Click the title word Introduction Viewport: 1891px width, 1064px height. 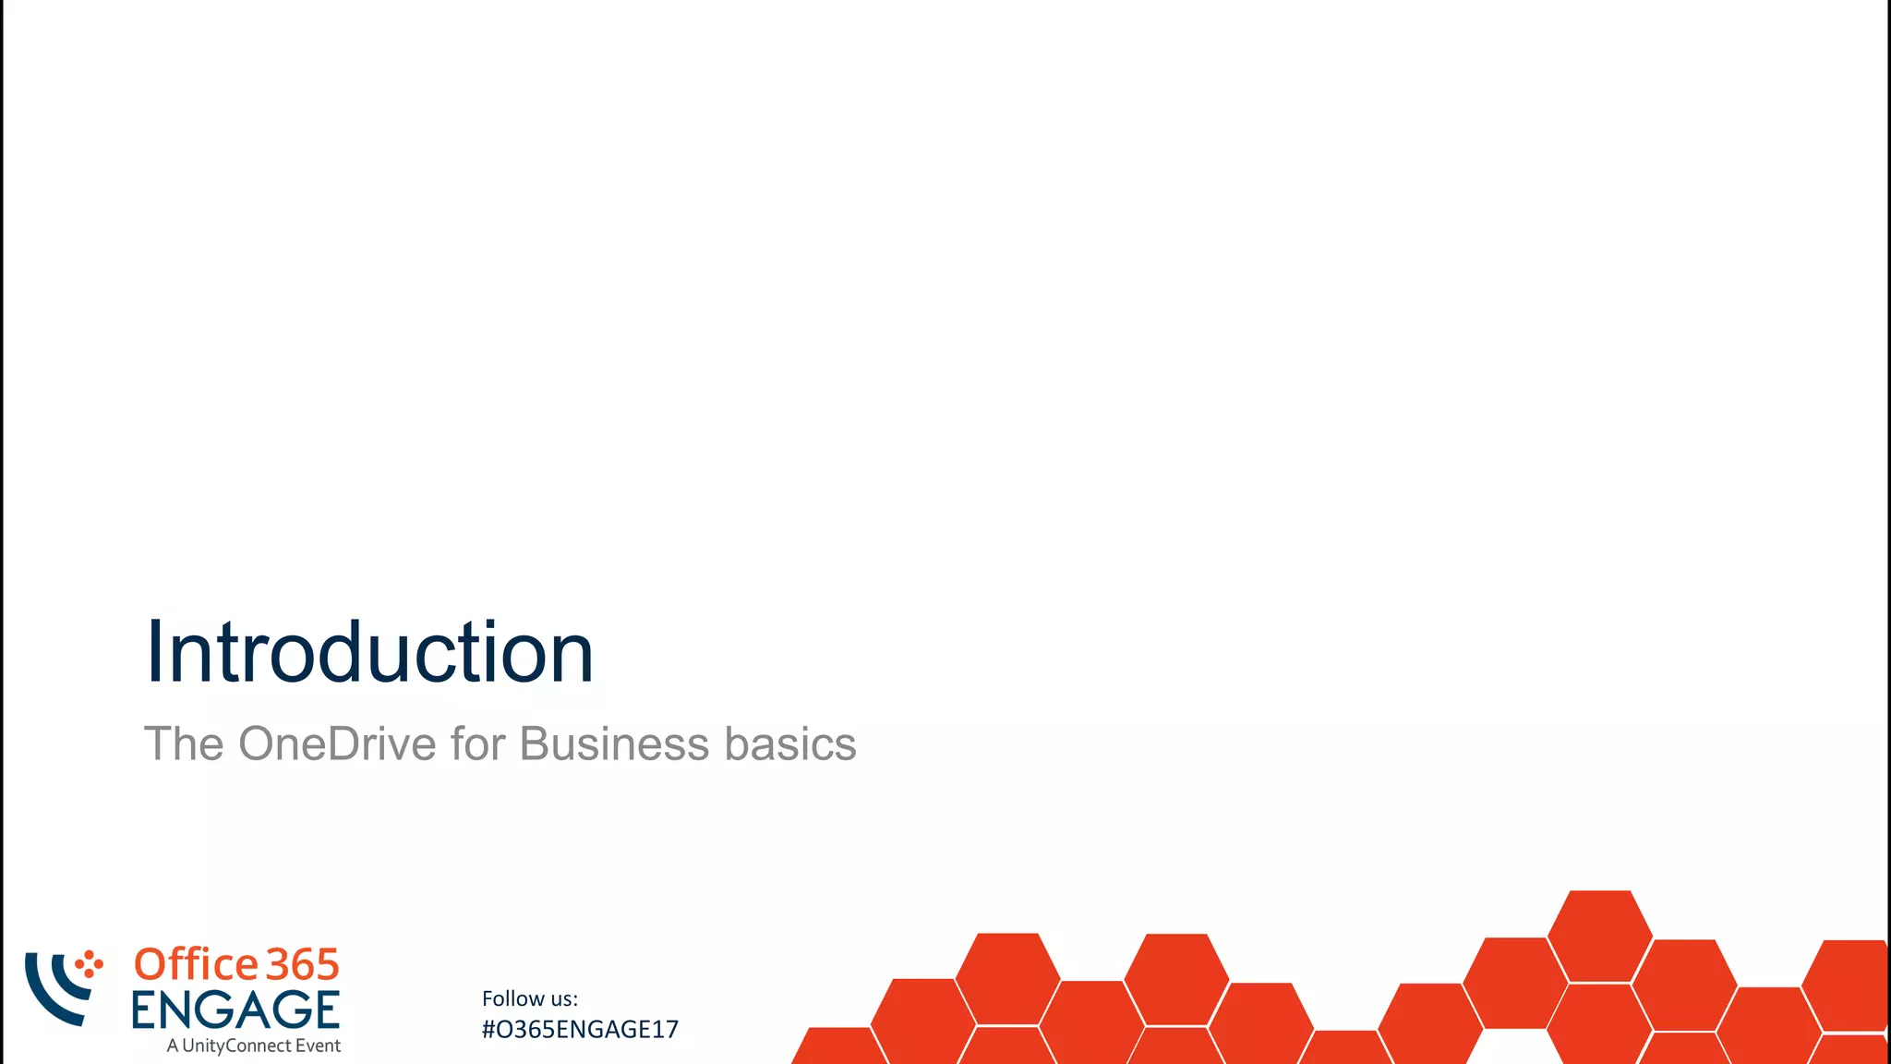369,652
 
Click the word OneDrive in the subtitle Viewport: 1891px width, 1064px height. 337,744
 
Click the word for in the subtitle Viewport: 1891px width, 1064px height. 477,744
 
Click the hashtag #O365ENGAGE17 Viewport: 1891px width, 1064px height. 580,1030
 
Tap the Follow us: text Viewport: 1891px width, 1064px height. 530,998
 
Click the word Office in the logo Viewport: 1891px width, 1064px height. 196,964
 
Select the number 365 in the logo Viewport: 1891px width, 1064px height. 303,965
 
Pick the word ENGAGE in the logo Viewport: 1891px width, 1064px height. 235,1010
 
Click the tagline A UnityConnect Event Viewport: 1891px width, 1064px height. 253,1046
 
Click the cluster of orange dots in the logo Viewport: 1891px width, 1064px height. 90,964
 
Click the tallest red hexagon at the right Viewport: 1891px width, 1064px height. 1599,935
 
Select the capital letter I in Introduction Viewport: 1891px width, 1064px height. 154,652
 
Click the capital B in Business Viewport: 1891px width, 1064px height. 536,744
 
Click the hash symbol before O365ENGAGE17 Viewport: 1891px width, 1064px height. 488,1030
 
